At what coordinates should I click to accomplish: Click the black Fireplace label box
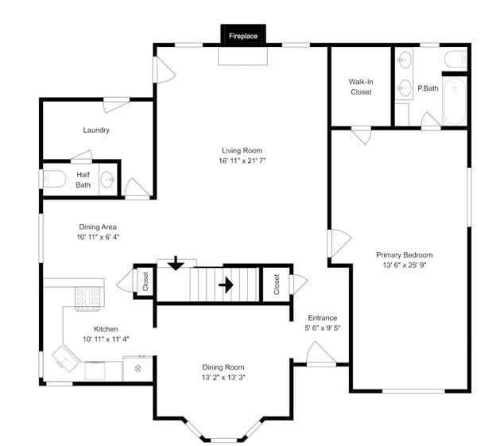click(243, 36)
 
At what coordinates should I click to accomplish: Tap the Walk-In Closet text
click(360, 87)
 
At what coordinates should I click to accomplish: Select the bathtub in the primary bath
click(455, 100)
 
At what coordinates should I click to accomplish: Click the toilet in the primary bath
click(455, 59)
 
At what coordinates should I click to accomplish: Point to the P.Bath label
click(428, 88)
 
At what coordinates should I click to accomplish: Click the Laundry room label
click(96, 130)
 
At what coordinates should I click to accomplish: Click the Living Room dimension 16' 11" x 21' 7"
click(242, 161)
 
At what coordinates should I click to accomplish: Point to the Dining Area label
click(99, 226)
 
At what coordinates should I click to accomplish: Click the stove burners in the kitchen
click(89, 297)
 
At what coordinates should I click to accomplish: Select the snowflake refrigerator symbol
click(138, 368)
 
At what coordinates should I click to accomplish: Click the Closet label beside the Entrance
click(276, 282)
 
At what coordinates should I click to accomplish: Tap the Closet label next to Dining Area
click(145, 281)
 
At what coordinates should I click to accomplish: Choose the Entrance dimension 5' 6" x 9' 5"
click(322, 328)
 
